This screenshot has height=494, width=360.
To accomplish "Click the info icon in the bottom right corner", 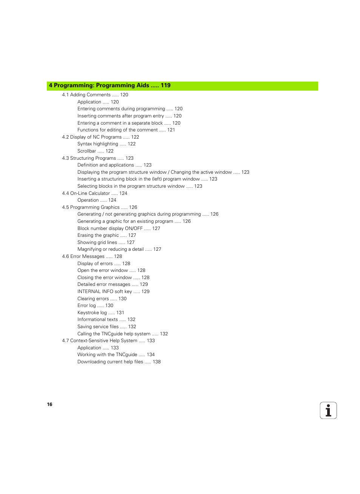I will [328, 411].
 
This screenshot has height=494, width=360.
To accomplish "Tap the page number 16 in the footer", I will [49, 404].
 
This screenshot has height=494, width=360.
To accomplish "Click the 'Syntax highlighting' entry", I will [98, 144].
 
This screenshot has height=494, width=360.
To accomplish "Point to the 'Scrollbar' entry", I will [87, 151].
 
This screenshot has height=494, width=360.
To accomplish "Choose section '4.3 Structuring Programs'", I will [89, 158].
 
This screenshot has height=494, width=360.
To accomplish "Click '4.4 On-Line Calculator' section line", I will [86, 193].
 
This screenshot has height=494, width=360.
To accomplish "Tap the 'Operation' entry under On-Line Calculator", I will [88, 200].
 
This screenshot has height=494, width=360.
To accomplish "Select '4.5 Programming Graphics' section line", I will [91, 207].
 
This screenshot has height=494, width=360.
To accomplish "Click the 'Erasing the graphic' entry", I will [98, 235].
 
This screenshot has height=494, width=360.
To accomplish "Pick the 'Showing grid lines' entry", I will [97, 242].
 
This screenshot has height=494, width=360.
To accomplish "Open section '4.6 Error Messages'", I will [83, 256].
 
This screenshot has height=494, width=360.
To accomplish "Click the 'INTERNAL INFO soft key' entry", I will [105, 292].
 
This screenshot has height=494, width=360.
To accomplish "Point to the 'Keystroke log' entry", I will [92, 313].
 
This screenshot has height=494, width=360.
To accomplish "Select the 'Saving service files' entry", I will [98, 327].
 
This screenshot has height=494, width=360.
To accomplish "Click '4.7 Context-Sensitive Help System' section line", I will [100, 341].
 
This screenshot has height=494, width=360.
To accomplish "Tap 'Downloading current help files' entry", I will [110, 362].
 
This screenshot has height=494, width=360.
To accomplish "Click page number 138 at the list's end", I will [157, 362].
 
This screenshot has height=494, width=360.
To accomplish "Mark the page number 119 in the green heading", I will [166, 86].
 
